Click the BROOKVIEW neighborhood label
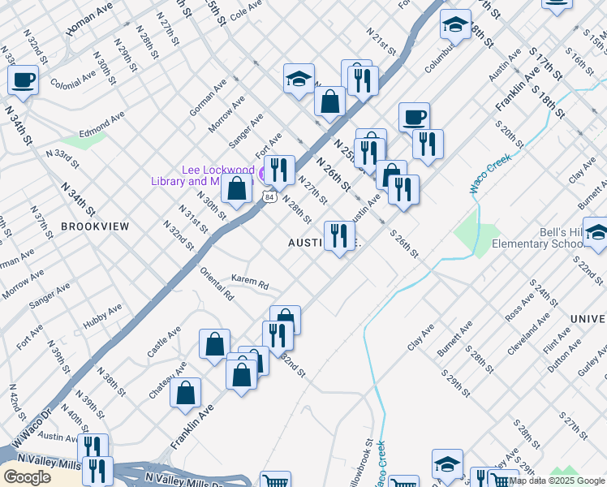94,226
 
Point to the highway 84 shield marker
268,196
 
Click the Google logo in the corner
27,476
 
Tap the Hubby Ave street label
103,318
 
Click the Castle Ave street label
163,345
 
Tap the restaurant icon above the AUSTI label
338,235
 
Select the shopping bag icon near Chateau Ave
185,393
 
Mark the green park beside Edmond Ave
82,139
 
